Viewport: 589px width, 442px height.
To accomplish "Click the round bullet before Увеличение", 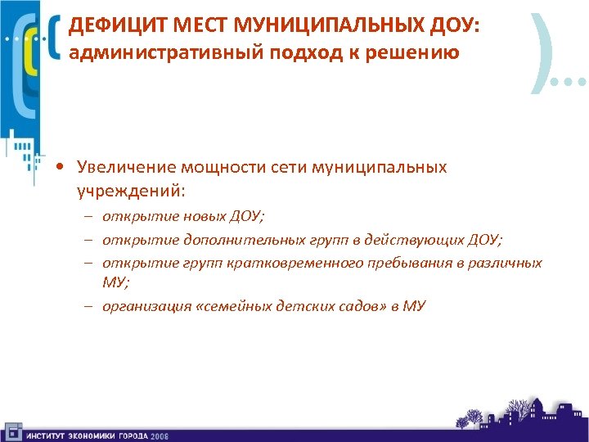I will click(61, 168).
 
